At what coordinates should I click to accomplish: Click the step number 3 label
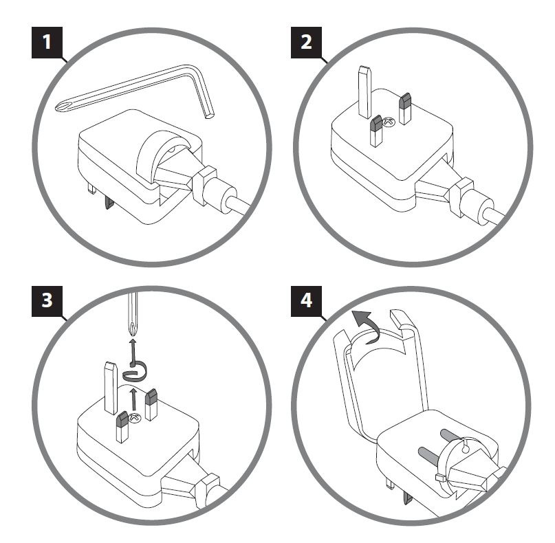pos(46,300)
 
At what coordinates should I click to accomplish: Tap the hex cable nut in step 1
pos(204,184)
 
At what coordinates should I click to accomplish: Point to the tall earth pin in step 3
pos(110,388)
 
